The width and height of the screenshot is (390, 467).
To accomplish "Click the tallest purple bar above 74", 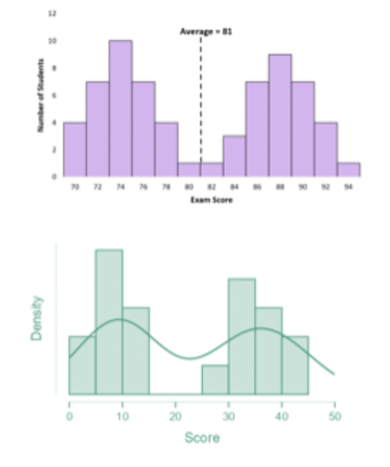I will click(x=120, y=109).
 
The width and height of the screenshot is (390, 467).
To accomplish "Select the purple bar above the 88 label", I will click(x=280, y=116).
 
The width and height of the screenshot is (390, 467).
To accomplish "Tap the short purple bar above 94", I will click(x=348, y=170).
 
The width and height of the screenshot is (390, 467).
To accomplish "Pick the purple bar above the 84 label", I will click(x=234, y=156).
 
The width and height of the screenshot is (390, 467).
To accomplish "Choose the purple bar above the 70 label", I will click(x=74, y=149).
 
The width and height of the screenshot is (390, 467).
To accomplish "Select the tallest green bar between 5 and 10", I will click(x=109, y=321).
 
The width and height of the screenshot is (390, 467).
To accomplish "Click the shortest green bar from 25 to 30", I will click(x=215, y=379).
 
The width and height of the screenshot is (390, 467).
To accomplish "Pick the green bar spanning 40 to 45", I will click(x=295, y=364).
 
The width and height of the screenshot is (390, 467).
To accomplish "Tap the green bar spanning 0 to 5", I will click(x=81, y=364).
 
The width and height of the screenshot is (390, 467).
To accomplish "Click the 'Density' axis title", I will click(x=37, y=318).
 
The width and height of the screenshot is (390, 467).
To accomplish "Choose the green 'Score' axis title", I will click(x=202, y=437).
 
